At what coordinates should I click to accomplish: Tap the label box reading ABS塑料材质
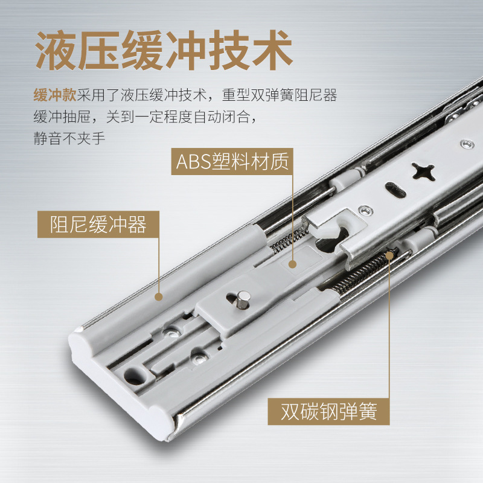[x=233, y=162]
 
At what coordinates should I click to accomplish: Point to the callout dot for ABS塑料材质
[x=293, y=264]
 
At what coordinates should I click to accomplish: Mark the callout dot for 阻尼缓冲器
[x=159, y=296]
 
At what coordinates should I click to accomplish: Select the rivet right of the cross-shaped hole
[x=465, y=144]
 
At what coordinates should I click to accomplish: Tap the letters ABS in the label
[x=193, y=162]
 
